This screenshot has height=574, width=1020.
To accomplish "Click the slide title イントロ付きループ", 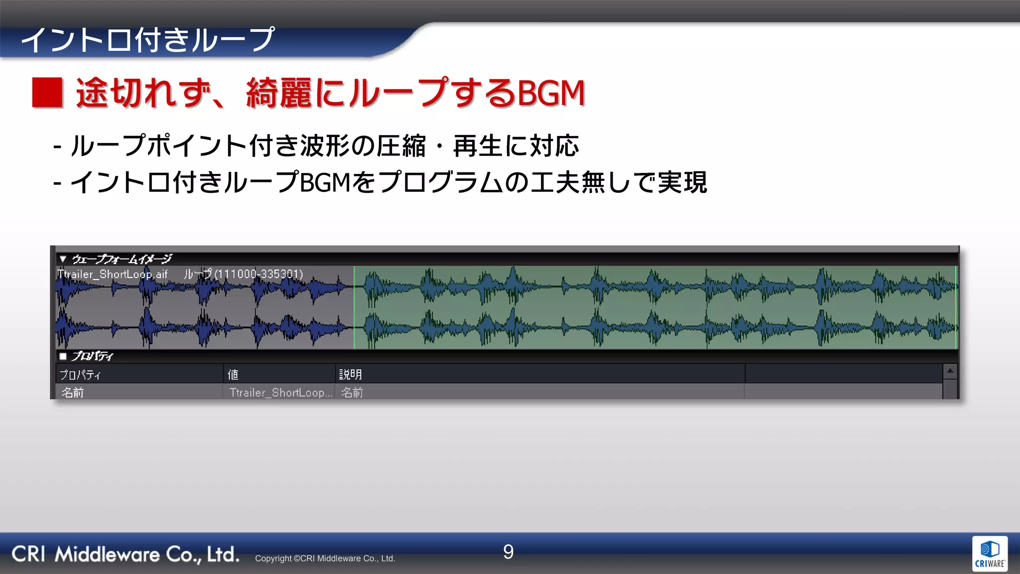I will point(147,40).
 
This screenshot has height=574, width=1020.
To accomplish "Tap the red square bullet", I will point(47,93).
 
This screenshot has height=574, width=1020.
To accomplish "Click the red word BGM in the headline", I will point(551,93).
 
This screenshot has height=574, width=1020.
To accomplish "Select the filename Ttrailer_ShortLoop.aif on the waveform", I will point(113,274).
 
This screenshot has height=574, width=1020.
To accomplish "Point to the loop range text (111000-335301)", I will point(258,274).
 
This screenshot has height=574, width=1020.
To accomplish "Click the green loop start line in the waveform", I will point(354,307).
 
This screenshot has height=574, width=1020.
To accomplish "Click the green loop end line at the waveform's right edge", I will point(956,307).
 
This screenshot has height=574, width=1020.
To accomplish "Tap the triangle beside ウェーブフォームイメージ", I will point(63,259).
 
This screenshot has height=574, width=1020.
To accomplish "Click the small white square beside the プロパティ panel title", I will point(63,356).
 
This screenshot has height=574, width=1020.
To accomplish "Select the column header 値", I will point(233,374).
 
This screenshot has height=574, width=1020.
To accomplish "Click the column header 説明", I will point(351,374).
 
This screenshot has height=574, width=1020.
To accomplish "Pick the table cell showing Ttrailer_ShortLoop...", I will point(280,393).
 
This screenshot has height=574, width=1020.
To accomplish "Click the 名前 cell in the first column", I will point(73,393).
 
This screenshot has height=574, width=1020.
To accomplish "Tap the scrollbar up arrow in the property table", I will point(950,371).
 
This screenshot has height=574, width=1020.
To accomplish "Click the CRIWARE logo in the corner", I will point(990,554).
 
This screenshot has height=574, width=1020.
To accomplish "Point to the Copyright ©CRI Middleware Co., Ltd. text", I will point(325,559).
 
